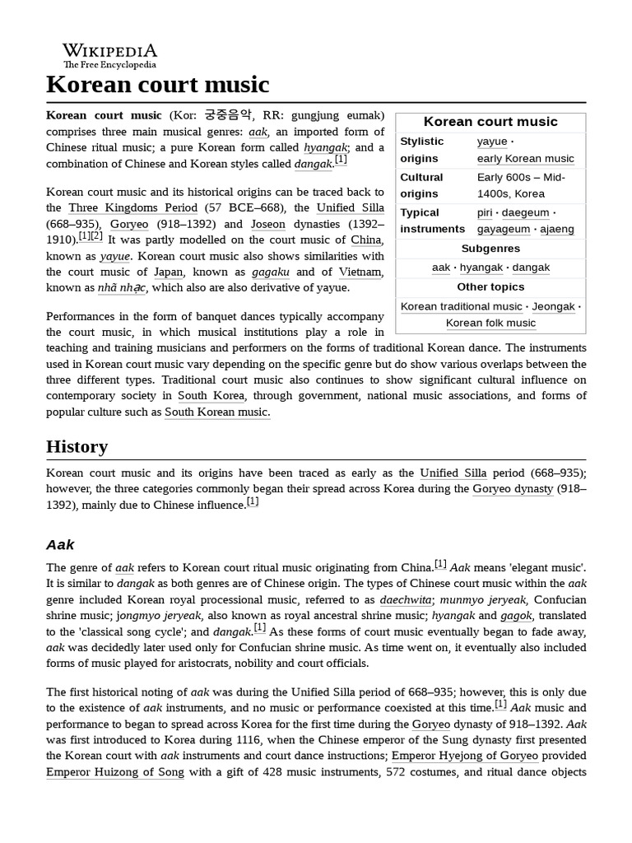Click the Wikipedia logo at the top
tap(109, 55)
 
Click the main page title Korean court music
tap(157, 84)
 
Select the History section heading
tap(77, 446)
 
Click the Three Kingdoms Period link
tap(132, 207)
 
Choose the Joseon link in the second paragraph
tap(267, 224)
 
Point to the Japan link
tap(168, 272)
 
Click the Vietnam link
tap(360, 272)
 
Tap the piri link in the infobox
tap(486, 212)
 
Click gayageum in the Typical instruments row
tap(503, 229)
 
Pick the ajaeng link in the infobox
tap(557, 229)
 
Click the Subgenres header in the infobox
tap(490, 248)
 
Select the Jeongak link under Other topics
tap(553, 306)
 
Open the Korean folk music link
tap(490, 323)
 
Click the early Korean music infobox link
tap(525, 158)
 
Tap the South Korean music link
tap(216, 412)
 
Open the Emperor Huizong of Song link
tap(114, 772)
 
